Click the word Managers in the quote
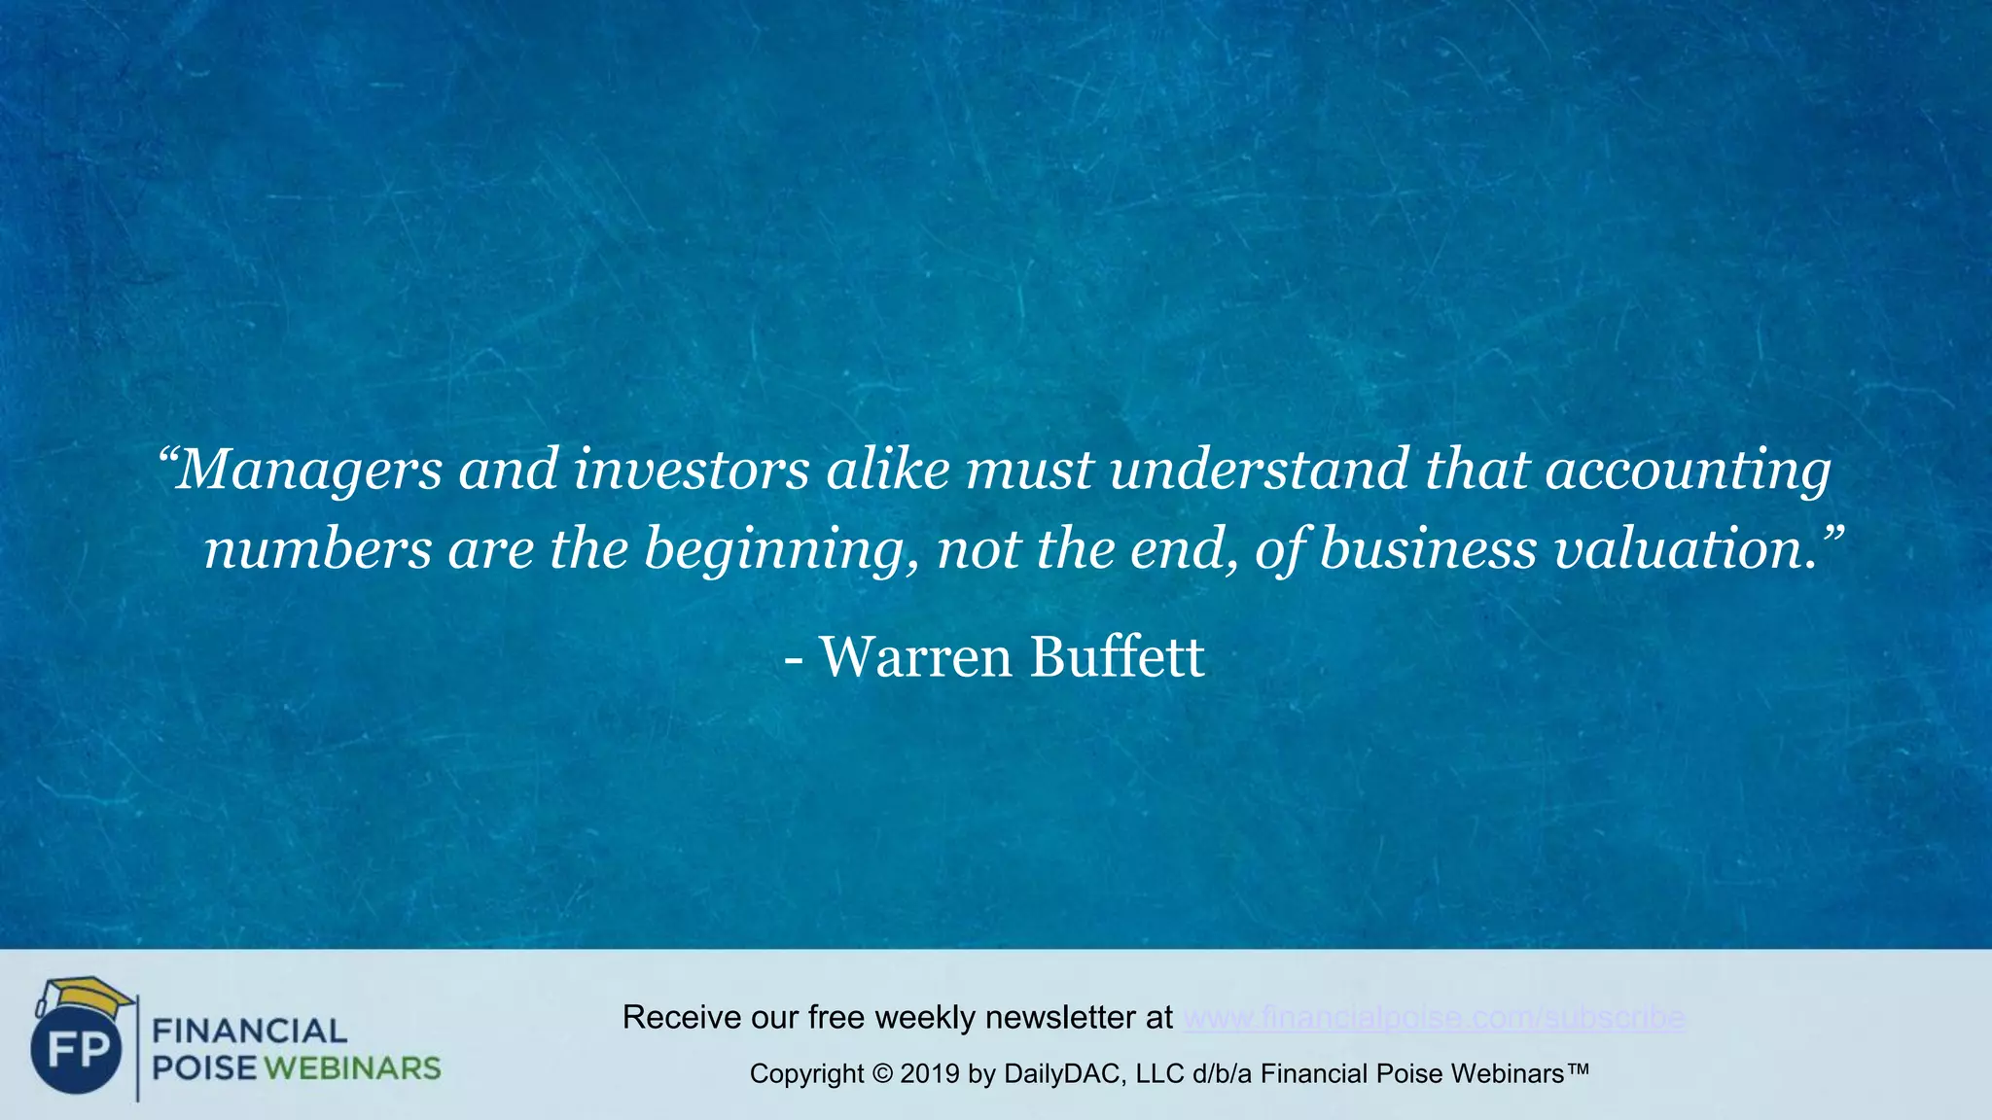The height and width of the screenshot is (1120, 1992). pyautogui.click(x=309, y=470)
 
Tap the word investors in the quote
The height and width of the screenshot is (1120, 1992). pyautogui.click(x=692, y=470)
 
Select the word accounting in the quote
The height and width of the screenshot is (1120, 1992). pyautogui.click(x=1688, y=470)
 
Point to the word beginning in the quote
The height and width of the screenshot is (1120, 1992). pyautogui.click(x=781, y=549)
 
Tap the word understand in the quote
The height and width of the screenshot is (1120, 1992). pyautogui.click(x=1259, y=470)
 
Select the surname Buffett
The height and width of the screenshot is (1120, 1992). pyautogui.click(x=1117, y=657)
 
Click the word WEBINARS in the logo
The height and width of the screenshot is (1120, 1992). pyautogui.click(x=352, y=1068)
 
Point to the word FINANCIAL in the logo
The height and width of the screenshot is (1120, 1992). pyautogui.click(x=250, y=1031)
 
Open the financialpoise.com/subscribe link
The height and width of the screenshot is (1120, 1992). pyautogui.click(x=1434, y=1018)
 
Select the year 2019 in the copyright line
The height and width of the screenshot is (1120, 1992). pyautogui.click(x=930, y=1074)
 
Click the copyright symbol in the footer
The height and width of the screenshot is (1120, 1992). pyautogui.click(x=882, y=1074)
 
